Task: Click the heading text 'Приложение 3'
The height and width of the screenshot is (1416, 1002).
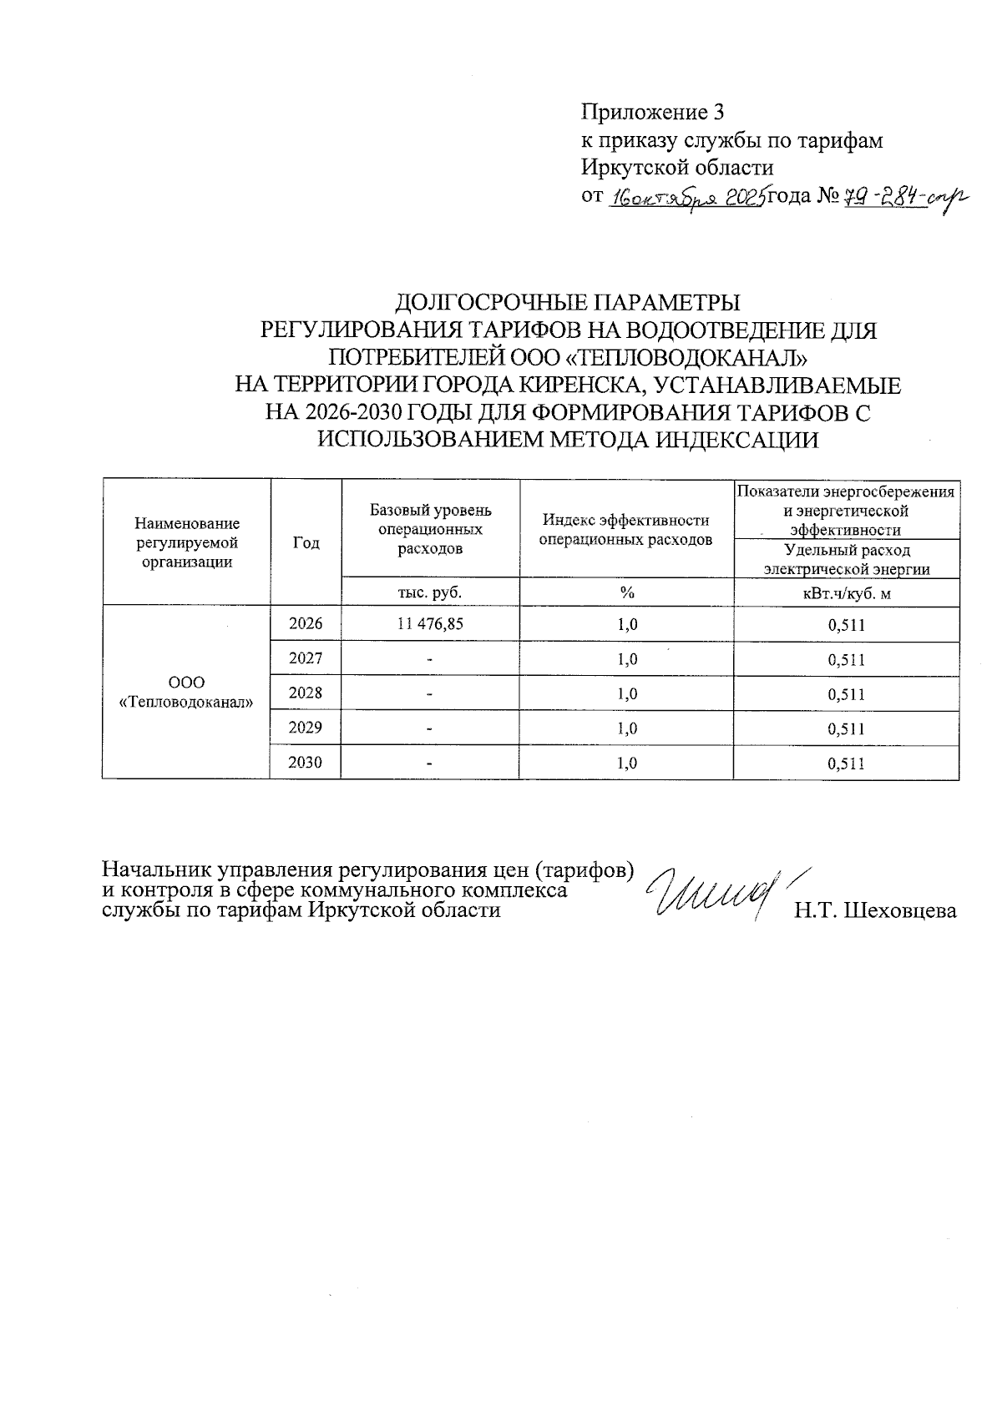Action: (x=652, y=113)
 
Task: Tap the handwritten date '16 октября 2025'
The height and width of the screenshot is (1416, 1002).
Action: (x=688, y=199)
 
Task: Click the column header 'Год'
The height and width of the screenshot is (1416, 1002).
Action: (x=306, y=542)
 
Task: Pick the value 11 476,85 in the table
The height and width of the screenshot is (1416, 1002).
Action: (x=430, y=624)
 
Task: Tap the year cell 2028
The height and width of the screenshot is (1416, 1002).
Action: (x=306, y=693)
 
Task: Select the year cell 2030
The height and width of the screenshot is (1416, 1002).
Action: (x=306, y=762)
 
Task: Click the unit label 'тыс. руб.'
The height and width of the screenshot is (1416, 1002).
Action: (x=430, y=592)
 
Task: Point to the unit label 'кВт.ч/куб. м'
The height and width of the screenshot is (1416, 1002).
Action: (x=846, y=593)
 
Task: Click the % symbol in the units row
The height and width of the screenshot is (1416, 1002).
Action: (x=626, y=592)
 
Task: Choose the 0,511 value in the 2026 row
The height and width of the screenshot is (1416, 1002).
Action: (x=846, y=625)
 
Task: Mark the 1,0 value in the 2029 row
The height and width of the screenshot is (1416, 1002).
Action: (x=627, y=728)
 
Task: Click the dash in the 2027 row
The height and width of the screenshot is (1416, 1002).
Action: (x=430, y=660)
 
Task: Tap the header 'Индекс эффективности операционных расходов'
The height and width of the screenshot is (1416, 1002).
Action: (x=626, y=530)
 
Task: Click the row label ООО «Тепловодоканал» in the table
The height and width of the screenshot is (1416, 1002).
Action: (x=186, y=693)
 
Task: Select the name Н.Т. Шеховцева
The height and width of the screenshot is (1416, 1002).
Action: (x=875, y=911)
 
